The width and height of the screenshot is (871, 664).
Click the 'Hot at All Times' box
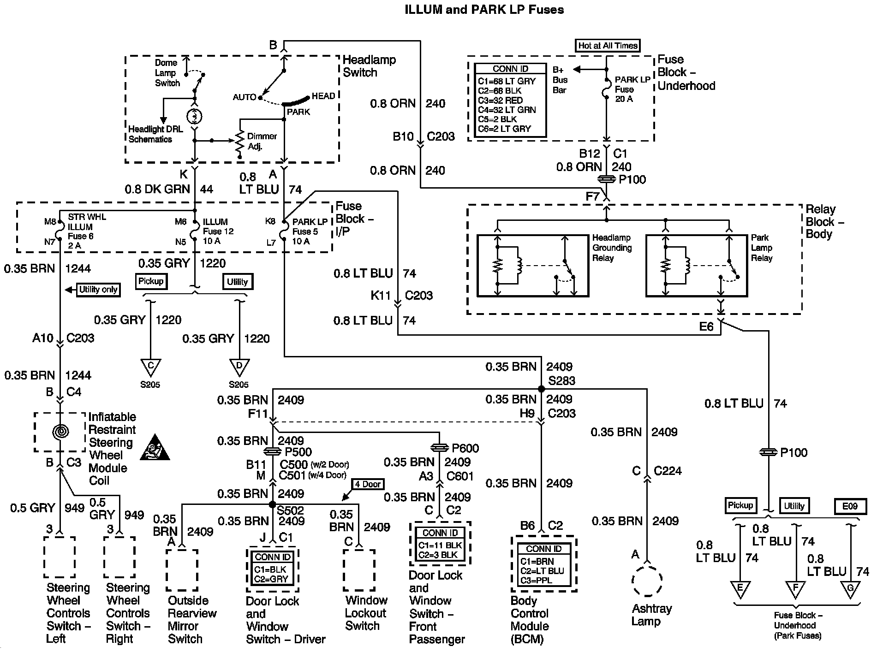coord(608,46)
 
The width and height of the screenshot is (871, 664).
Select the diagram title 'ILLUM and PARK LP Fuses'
coord(484,10)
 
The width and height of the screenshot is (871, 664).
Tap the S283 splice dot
coord(542,389)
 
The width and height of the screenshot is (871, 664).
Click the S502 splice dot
coord(272,504)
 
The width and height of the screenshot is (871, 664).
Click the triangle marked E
coord(740,589)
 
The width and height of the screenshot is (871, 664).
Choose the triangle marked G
coord(850,589)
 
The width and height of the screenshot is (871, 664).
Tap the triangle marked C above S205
coord(150,367)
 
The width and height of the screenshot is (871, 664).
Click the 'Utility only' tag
coord(98,290)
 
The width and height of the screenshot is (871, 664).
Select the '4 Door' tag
coord(368,484)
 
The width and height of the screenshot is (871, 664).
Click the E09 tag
coord(850,506)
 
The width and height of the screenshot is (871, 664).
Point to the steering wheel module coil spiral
coord(60,432)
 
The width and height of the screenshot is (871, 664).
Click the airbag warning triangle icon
coord(155,447)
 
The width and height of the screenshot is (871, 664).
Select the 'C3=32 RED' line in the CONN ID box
coord(501,100)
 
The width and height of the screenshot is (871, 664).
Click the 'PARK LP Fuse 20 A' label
coord(632,89)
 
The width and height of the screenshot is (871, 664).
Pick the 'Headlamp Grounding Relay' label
coord(612,248)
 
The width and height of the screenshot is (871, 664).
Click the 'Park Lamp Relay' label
coord(762,248)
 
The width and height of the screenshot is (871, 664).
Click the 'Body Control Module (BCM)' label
coord(530,620)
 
